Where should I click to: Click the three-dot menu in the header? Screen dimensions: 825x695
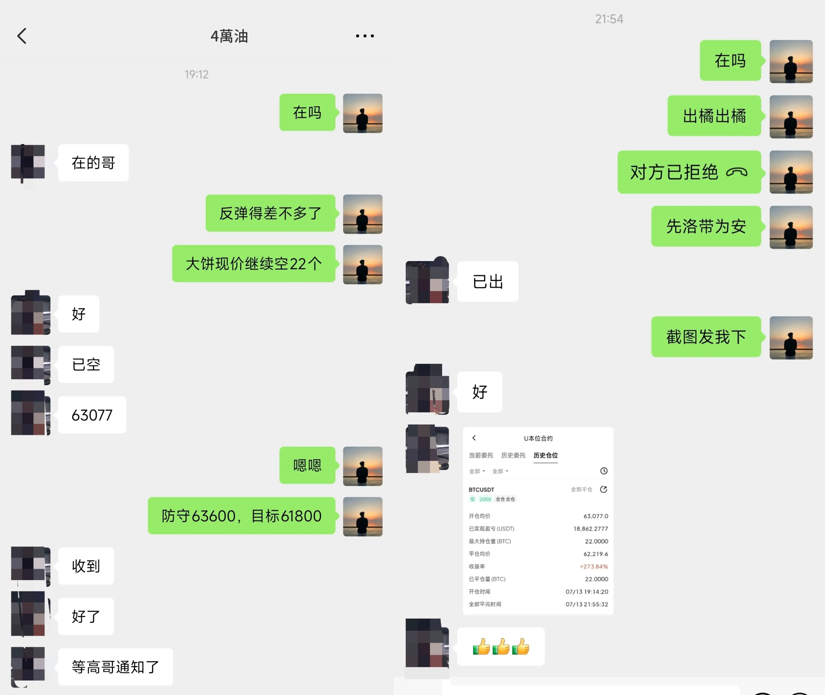365,36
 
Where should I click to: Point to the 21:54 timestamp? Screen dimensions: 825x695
609,19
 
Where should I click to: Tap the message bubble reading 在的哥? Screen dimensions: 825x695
93,163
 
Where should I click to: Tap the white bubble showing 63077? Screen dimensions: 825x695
92,415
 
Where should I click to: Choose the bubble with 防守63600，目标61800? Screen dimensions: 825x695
241,516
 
